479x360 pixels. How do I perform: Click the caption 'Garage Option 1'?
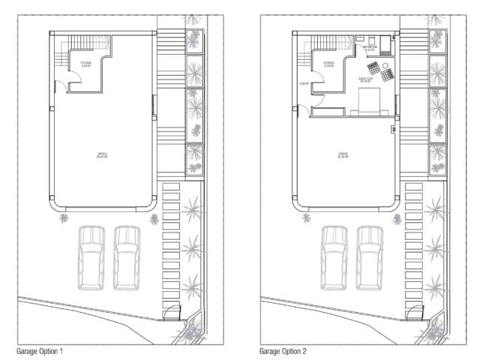point(44,350)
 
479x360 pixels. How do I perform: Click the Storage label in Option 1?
point(86,64)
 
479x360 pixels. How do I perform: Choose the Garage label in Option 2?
point(345,155)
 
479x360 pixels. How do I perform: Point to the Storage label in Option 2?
point(329,64)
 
